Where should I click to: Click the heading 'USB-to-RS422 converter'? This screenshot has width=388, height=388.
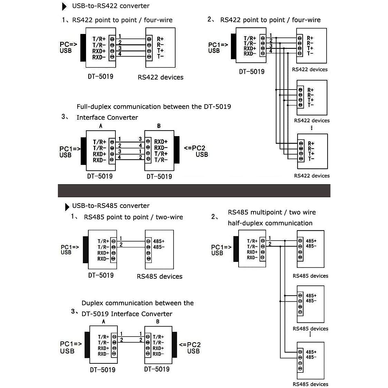click(111, 6)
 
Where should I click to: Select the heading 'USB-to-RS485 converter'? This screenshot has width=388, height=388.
click(111, 206)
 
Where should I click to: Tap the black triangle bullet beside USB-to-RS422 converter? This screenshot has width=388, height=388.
click(65, 6)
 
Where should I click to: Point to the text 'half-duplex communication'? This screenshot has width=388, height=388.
click(270, 223)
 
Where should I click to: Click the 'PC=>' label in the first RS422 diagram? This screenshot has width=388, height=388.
click(69, 44)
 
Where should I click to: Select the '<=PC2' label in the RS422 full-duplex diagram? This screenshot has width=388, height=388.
click(195, 148)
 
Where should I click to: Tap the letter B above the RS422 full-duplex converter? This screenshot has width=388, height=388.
click(159, 126)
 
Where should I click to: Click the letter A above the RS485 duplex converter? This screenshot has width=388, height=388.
click(103, 321)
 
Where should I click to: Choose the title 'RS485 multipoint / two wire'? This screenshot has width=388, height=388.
click(272, 212)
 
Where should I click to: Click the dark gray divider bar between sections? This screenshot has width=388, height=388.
click(194, 190)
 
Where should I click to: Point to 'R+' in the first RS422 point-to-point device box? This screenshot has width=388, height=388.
click(160, 39)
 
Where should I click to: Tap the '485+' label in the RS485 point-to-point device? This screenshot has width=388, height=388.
click(159, 241)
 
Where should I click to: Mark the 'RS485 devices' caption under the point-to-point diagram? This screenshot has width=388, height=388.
click(159, 276)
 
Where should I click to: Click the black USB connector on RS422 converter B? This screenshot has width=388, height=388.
click(177, 150)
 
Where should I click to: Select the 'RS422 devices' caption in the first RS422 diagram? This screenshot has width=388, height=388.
click(160, 77)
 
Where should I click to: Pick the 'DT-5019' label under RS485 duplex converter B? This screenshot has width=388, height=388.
click(157, 369)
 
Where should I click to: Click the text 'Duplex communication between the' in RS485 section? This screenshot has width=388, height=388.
click(137, 303)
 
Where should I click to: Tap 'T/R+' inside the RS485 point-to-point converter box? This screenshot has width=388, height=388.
click(103, 241)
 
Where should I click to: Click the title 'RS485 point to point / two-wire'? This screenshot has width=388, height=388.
click(133, 217)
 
